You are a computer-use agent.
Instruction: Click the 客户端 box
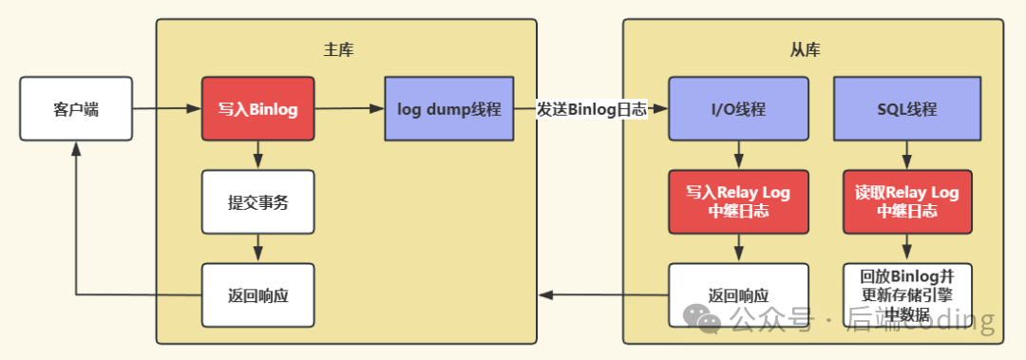click(75, 109)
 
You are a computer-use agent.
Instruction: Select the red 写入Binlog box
click(257, 109)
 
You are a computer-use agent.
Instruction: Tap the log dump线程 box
click(448, 109)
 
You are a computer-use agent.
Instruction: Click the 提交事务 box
click(257, 202)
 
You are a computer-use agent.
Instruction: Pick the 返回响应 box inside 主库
click(257, 294)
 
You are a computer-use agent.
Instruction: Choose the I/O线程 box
click(738, 109)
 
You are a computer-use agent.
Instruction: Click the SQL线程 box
click(907, 109)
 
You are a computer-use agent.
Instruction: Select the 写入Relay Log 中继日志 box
click(738, 201)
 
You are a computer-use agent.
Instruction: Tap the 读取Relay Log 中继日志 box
click(907, 201)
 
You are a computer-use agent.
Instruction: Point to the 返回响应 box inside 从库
click(738, 294)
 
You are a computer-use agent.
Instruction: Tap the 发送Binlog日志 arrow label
click(591, 109)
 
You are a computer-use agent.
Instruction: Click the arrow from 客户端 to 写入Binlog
click(165, 109)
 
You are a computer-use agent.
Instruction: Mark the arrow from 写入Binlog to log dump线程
click(349, 109)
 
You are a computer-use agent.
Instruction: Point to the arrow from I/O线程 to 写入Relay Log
click(738, 155)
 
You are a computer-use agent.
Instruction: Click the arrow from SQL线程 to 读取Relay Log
click(907, 155)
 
